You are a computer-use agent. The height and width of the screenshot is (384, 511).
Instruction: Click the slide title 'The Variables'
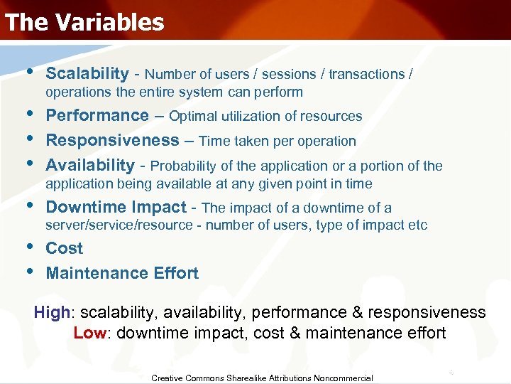pos(84,22)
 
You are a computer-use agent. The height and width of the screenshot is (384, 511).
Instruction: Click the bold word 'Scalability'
pos(87,74)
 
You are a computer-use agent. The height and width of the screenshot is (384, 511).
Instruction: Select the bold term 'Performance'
pos(97,116)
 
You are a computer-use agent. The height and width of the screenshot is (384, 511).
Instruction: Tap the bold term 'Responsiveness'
pos(112,141)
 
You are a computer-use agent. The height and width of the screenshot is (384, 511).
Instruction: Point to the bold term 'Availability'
pos(89,166)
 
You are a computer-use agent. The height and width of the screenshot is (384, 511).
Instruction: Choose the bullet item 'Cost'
pos(65,249)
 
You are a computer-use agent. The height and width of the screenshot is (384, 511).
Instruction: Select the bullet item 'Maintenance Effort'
pos(122,273)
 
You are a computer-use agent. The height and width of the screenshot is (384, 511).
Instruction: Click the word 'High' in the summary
pos(52,313)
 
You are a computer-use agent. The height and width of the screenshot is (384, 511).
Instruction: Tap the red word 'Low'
pos(89,333)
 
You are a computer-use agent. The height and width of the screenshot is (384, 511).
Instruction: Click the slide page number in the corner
pos(450,372)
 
